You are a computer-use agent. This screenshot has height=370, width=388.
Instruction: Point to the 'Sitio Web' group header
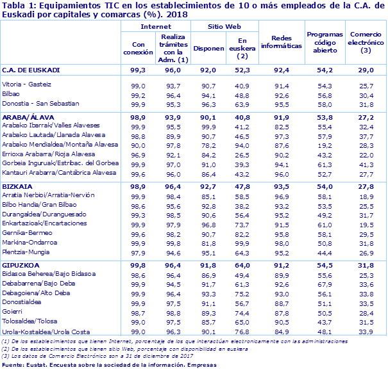[x=224, y=26]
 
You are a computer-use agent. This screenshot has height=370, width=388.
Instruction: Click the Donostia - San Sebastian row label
[x=40, y=103]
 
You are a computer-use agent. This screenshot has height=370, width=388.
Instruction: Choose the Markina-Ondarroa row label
[x=30, y=243]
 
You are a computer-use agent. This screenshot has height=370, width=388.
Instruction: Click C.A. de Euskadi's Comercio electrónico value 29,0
[x=364, y=69]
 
